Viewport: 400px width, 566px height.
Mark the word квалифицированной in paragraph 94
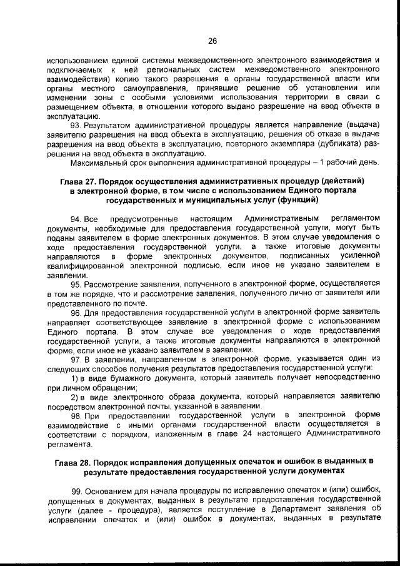[88, 265]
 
